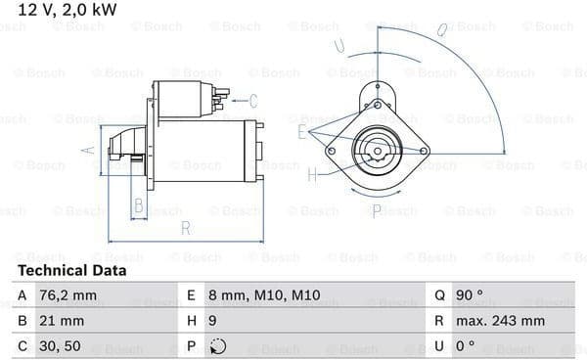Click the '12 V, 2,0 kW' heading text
68,10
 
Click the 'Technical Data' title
71,270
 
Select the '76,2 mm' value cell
68,295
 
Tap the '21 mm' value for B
62,321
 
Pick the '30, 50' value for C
60,346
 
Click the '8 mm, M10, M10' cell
264,295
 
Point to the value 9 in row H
212,321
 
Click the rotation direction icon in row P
218,346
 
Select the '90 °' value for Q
469,295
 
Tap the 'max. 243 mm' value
500,321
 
